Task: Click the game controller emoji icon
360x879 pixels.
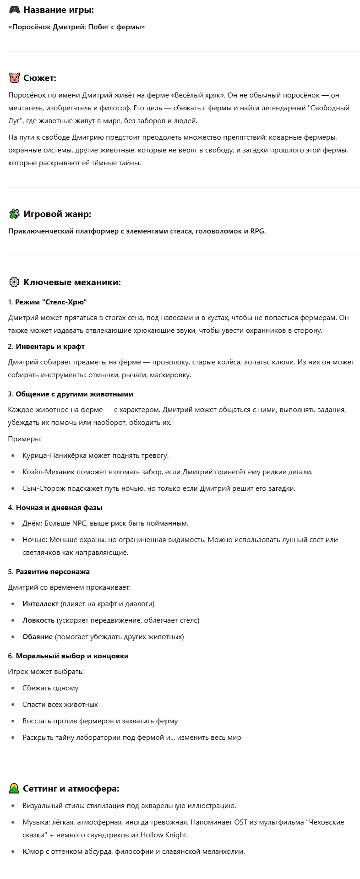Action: (x=14, y=10)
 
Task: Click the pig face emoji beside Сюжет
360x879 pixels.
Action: (x=14, y=78)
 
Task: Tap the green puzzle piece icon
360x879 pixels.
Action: (x=14, y=214)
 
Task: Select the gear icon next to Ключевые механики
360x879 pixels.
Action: (x=14, y=282)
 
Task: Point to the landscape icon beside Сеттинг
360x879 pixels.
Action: (x=14, y=788)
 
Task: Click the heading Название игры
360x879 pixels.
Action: (x=59, y=10)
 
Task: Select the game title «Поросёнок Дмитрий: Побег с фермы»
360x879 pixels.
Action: (x=76, y=27)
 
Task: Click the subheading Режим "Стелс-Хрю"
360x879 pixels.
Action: (x=51, y=302)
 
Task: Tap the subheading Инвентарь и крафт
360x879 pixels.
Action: (x=50, y=347)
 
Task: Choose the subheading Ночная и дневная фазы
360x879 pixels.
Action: (x=59, y=507)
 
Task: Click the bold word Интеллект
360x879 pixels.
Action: (x=40, y=603)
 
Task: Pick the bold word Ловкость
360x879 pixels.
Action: (x=38, y=620)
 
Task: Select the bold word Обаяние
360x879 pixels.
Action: (x=38, y=636)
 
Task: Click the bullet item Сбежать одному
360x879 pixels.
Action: (x=50, y=688)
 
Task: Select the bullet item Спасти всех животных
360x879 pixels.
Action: (x=60, y=704)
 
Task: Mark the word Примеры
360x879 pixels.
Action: (x=24, y=439)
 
